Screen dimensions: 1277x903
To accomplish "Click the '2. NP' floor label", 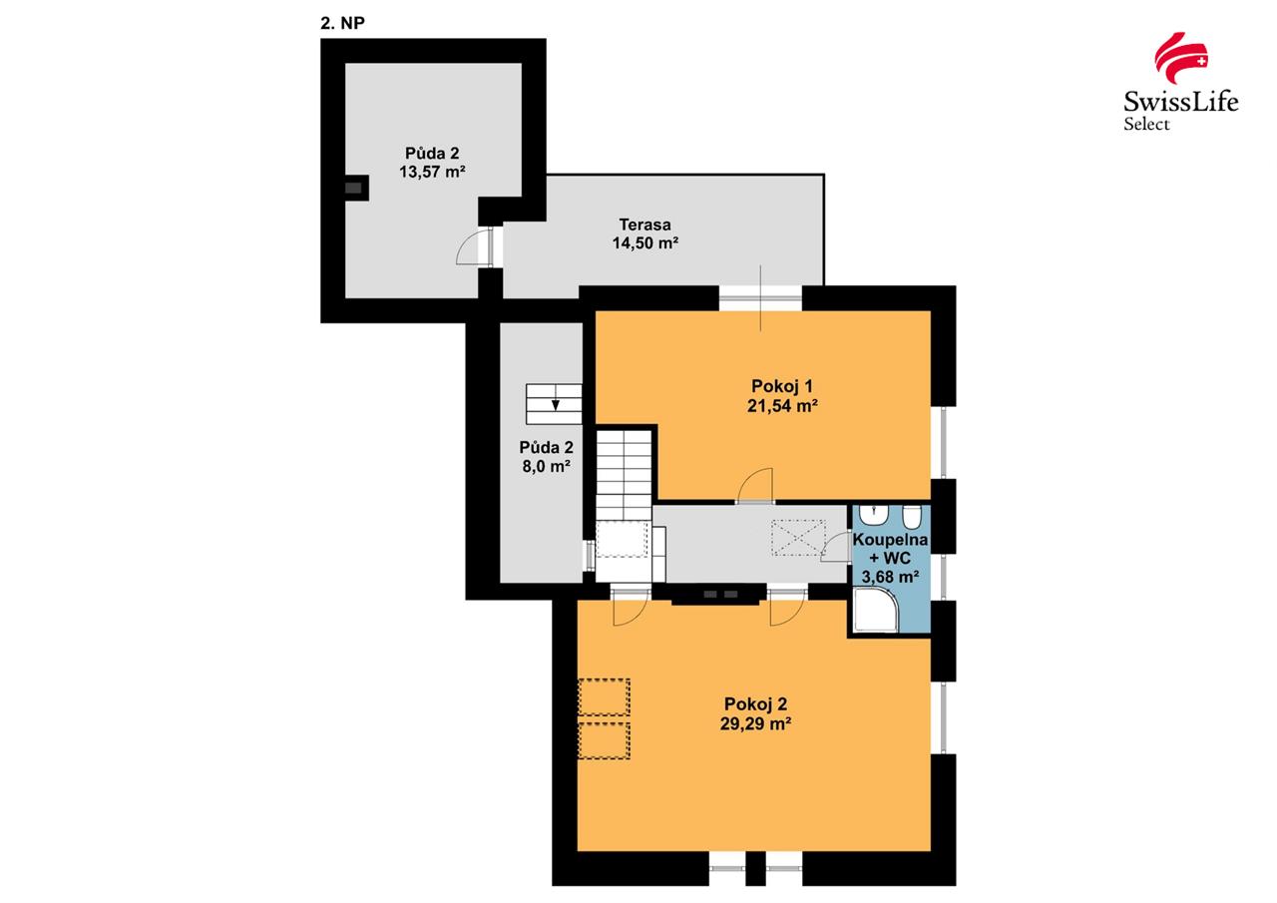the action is click(342, 23).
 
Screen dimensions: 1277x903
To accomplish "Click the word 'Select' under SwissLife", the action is click(1146, 124).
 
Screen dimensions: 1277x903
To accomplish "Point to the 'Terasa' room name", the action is click(644, 225).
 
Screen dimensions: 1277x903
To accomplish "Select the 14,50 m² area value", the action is click(644, 242).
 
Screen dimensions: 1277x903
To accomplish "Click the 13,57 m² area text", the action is click(432, 172).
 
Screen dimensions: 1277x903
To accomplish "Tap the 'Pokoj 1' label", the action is click(781, 386).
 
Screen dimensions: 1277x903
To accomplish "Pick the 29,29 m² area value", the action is click(755, 723).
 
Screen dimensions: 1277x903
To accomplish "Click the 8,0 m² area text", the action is click(546, 466).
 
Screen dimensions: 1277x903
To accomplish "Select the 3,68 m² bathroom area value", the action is click(890, 577).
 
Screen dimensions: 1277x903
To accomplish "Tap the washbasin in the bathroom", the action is click(873, 515).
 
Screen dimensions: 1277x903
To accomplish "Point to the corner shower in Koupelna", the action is click(875, 610).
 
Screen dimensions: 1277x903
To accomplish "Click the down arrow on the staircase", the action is click(556, 405).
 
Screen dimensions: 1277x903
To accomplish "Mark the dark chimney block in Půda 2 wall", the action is click(353, 188).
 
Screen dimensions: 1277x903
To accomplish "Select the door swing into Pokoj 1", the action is click(755, 486).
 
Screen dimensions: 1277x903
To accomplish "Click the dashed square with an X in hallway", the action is click(798, 537).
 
